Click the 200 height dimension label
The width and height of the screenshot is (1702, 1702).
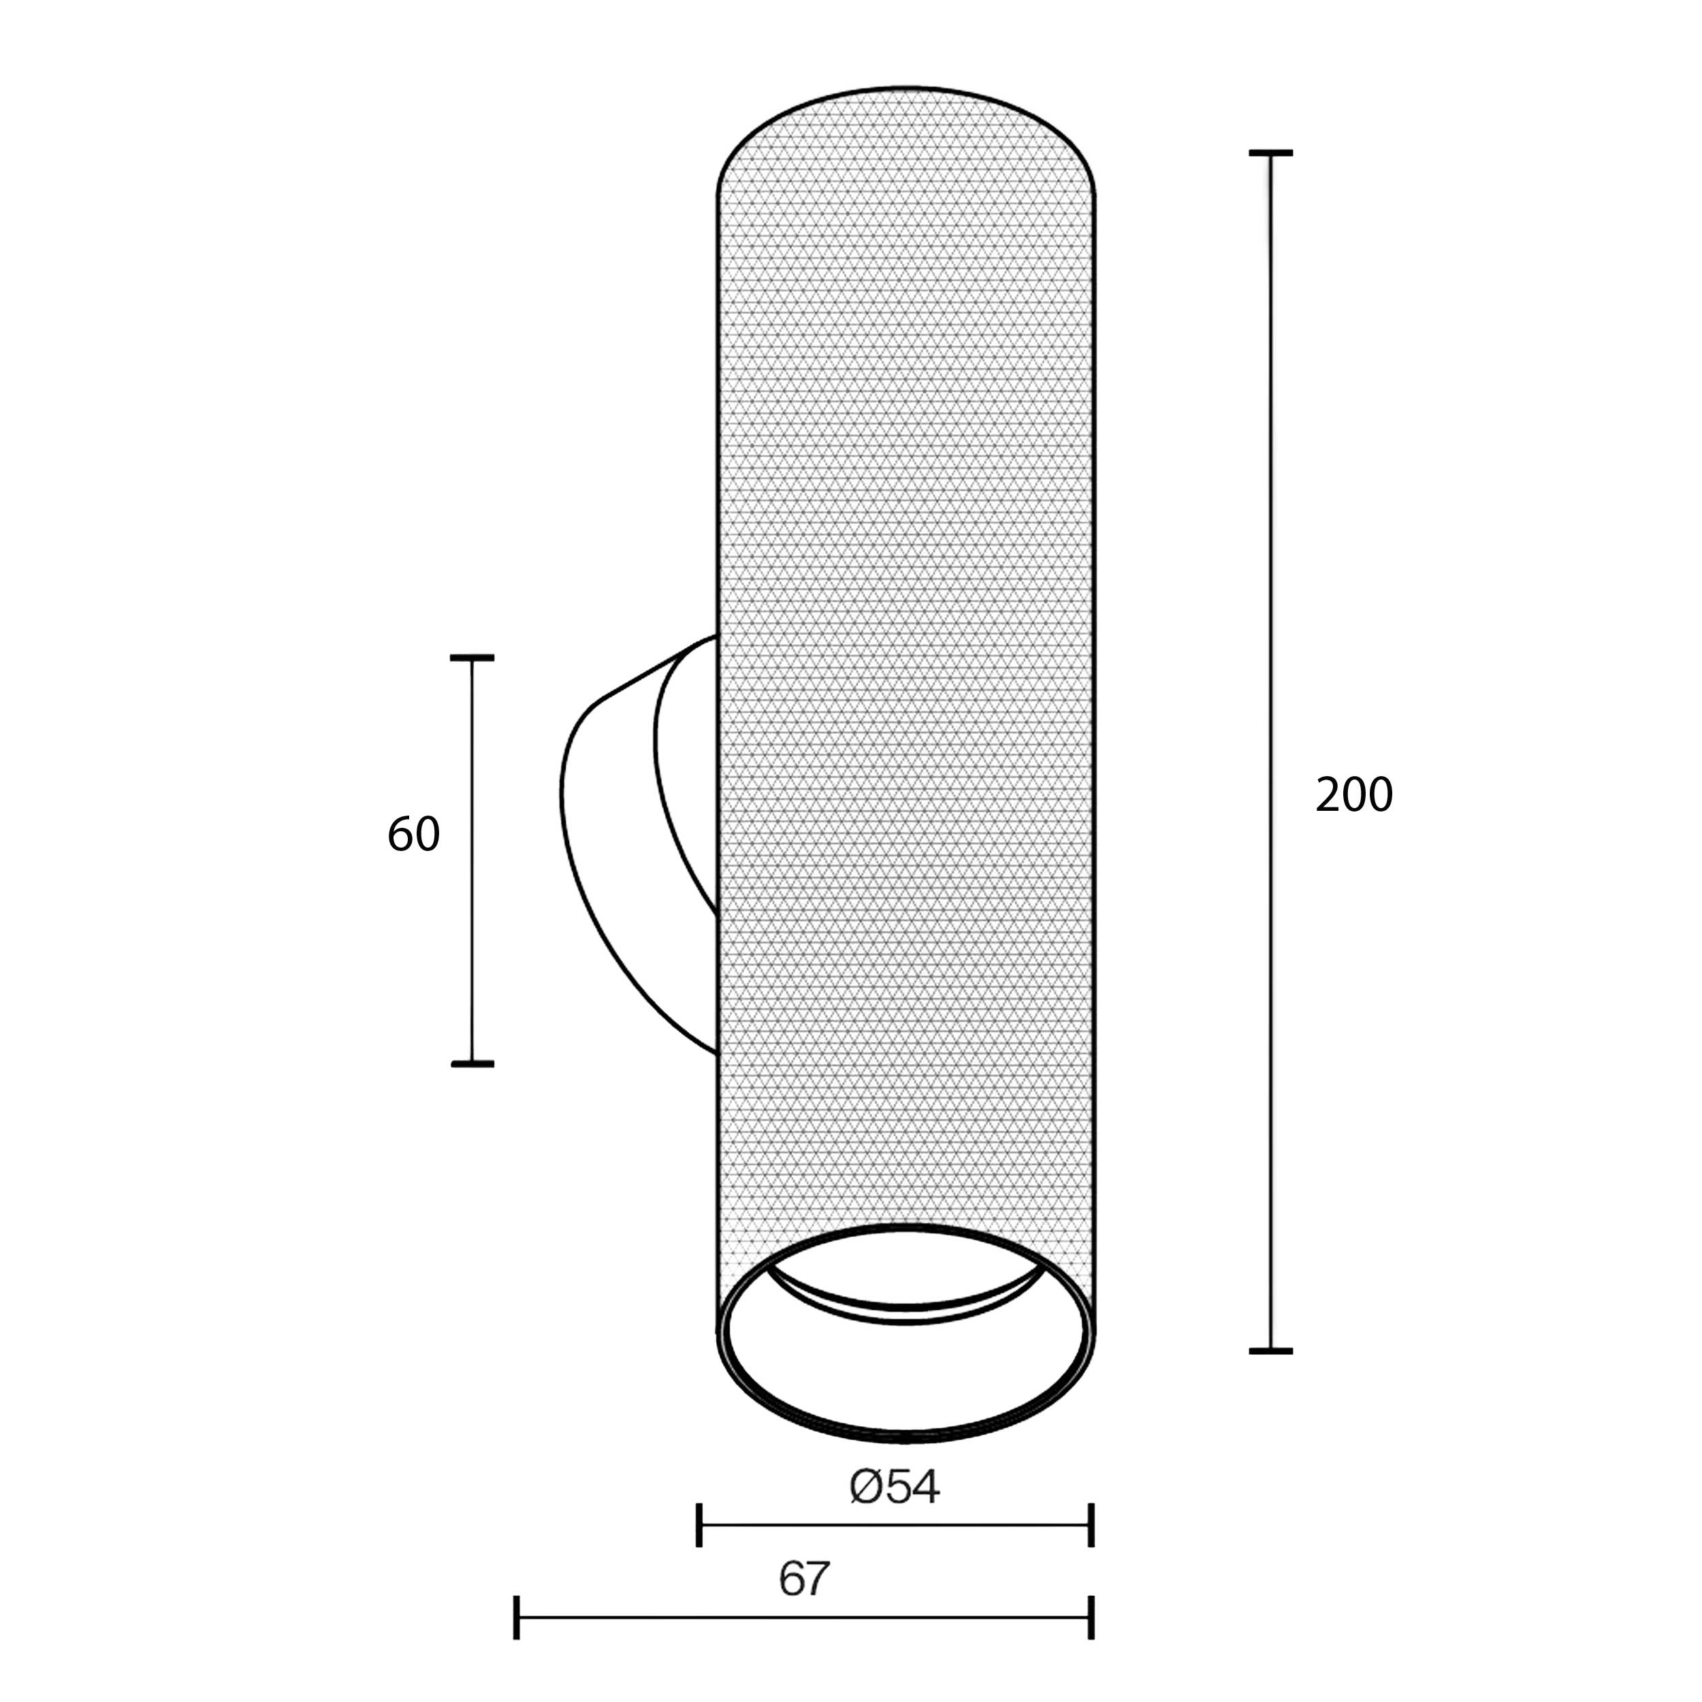tap(1354, 794)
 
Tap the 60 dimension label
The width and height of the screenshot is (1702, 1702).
tap(413, 834)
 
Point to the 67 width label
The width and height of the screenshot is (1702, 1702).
tap(804, 1579)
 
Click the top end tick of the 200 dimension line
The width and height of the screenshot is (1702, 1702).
tap(1270, 153)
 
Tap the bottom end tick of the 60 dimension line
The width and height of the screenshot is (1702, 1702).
tap(472, 1064)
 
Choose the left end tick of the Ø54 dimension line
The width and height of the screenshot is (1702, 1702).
tap(699, 1525)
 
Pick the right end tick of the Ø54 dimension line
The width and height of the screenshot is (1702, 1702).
tap(1091, 1525)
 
